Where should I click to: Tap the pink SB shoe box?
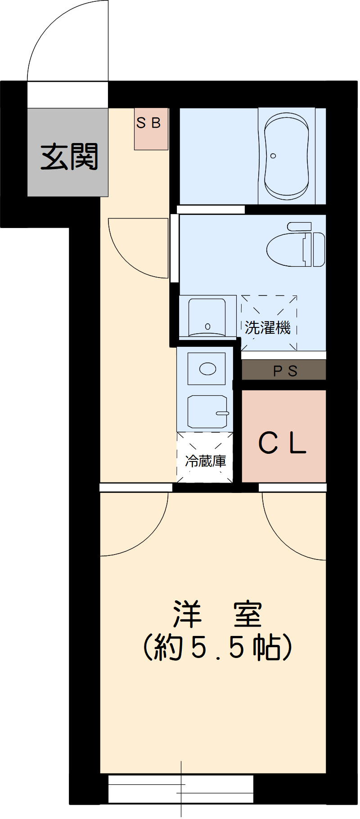coord(151,129)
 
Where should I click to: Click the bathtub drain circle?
coord(273,156)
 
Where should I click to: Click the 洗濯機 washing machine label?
coord(268,327)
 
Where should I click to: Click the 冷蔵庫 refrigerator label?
coord(205,461)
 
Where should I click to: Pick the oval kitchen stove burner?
coord(207,369)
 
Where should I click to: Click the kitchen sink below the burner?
coord(207,412)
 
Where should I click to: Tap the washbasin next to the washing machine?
coord(207,317)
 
